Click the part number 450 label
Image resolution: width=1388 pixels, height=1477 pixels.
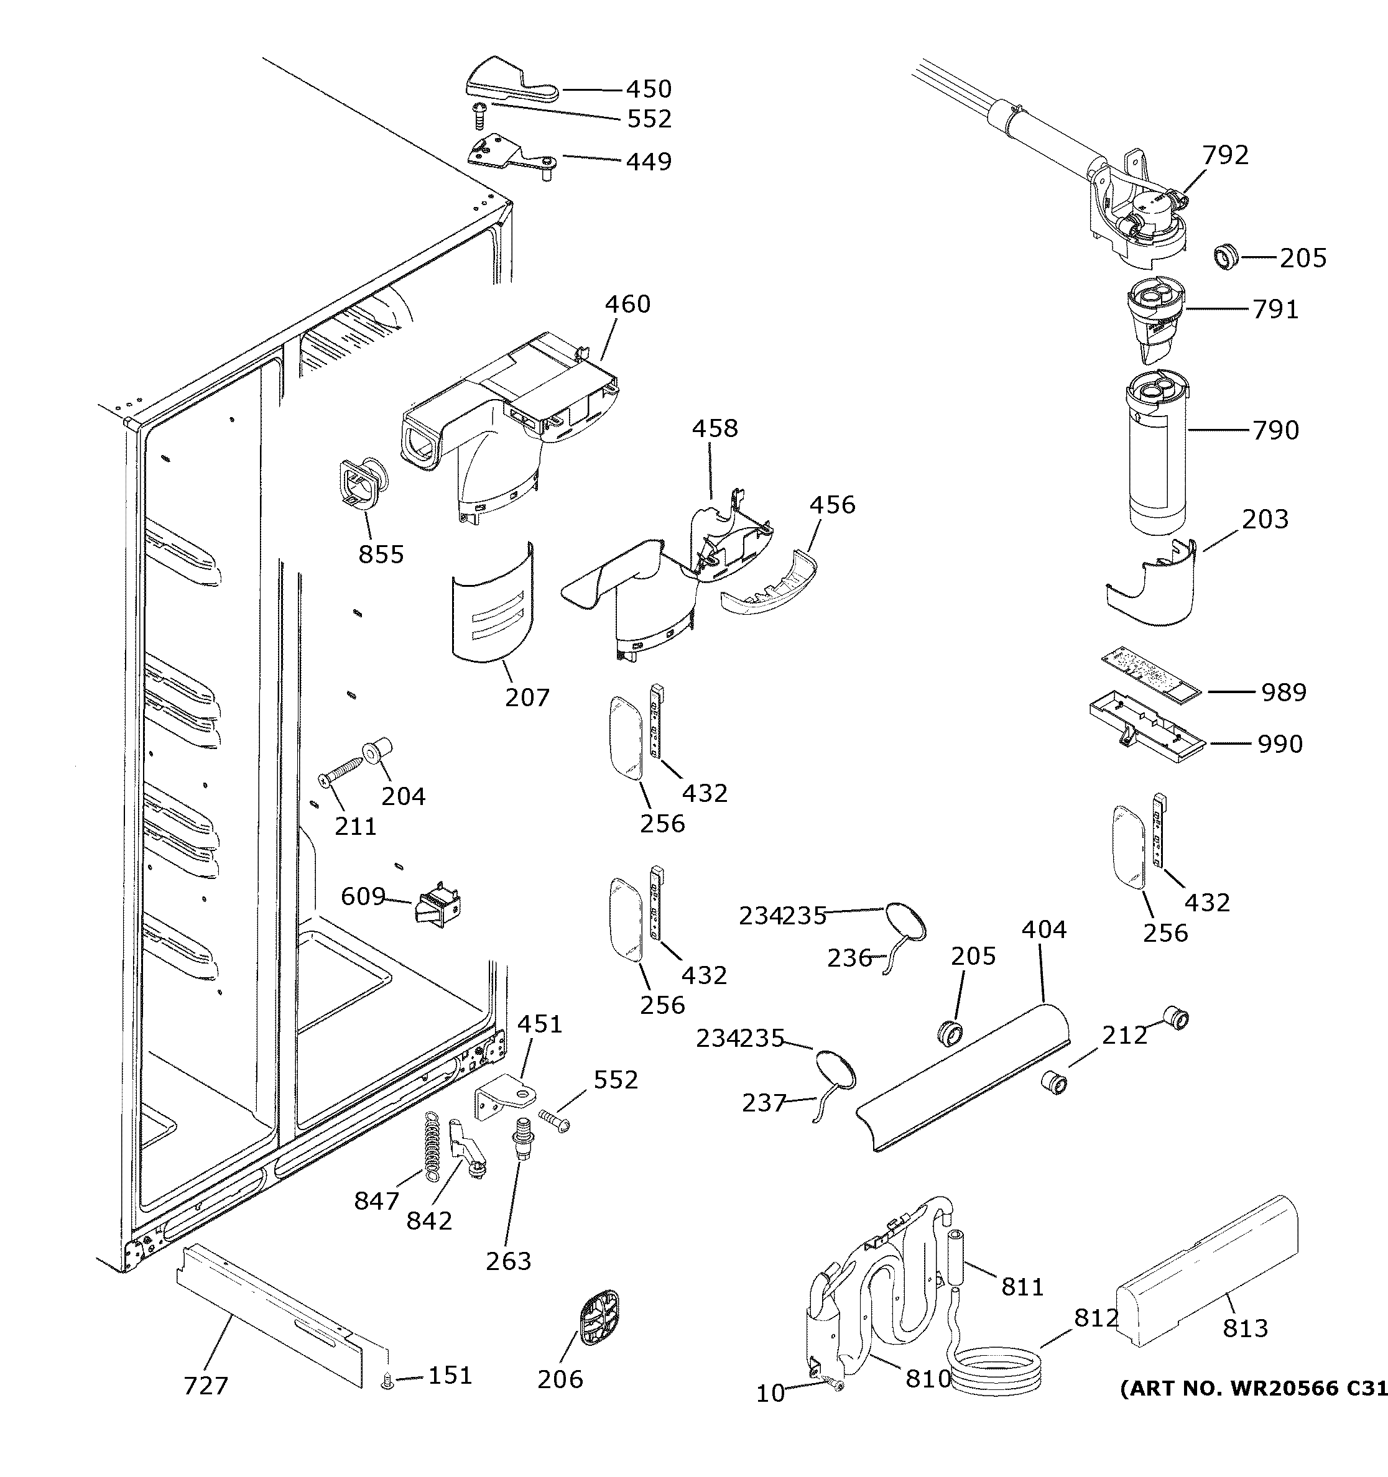[649, 89]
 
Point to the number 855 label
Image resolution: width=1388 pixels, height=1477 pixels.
[381, 554]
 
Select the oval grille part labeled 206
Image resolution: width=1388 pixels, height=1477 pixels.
[598, 1317]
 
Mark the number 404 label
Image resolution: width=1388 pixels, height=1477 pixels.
[1043, 929]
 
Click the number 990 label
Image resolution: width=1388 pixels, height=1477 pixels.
[1280, 743]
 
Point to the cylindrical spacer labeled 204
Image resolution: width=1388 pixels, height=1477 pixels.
[377, 751]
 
